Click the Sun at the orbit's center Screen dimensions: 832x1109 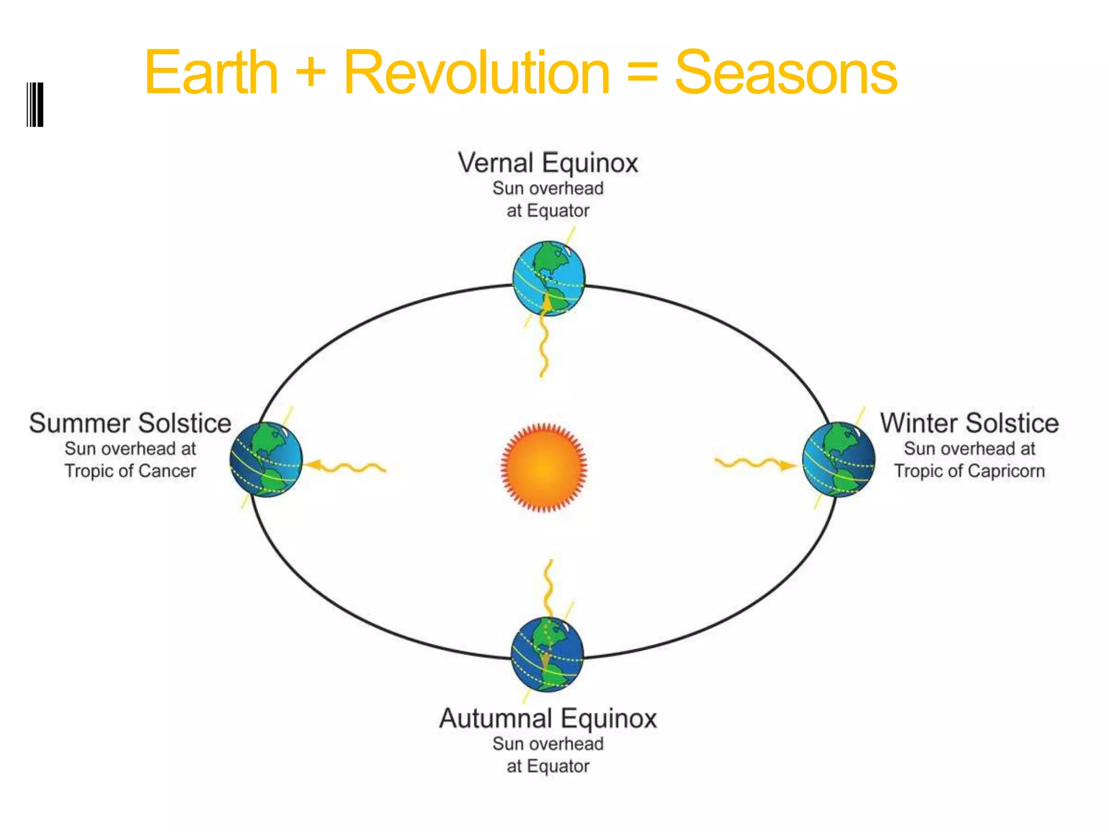pos(544,467)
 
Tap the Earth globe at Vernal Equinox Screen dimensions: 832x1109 pos(549,278)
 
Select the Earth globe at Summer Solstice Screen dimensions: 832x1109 pos(266,459)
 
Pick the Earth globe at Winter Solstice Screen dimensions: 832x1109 pos(838,459)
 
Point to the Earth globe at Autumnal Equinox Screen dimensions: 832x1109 pos(547,654)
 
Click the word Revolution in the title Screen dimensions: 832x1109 pos(477,73)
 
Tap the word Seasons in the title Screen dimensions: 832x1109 pos(785,73)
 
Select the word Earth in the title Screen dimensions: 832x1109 pos(211,73)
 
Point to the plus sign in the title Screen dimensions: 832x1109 pos(311,74)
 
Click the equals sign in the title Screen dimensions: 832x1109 pos(642,74)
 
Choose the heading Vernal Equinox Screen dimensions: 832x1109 pos(547,163)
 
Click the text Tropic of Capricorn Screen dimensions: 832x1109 pos(969,471)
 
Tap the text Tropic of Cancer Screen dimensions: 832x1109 pos(130,471)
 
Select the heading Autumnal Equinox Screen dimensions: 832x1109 pos(547,719)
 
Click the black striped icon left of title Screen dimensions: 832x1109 pos(35,105)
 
